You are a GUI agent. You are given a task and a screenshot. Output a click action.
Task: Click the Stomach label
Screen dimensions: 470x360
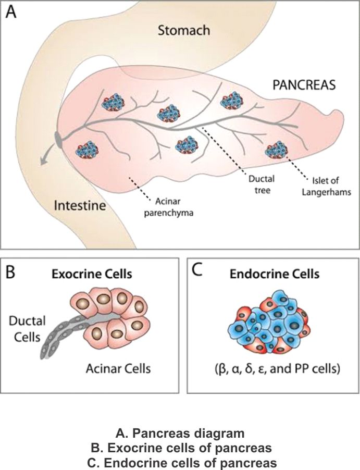click(x=184, y=31)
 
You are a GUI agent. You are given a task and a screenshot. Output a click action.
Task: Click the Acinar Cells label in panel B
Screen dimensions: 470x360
click(x=119, y=369)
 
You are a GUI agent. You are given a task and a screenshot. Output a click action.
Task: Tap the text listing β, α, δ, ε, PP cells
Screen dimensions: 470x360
click(x=273, y=369)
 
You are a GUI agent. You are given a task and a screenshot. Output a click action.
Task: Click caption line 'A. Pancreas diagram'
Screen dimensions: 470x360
click(x=180, y=433)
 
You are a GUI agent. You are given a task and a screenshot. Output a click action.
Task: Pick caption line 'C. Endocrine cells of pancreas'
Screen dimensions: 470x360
click(x=180, y=462)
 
